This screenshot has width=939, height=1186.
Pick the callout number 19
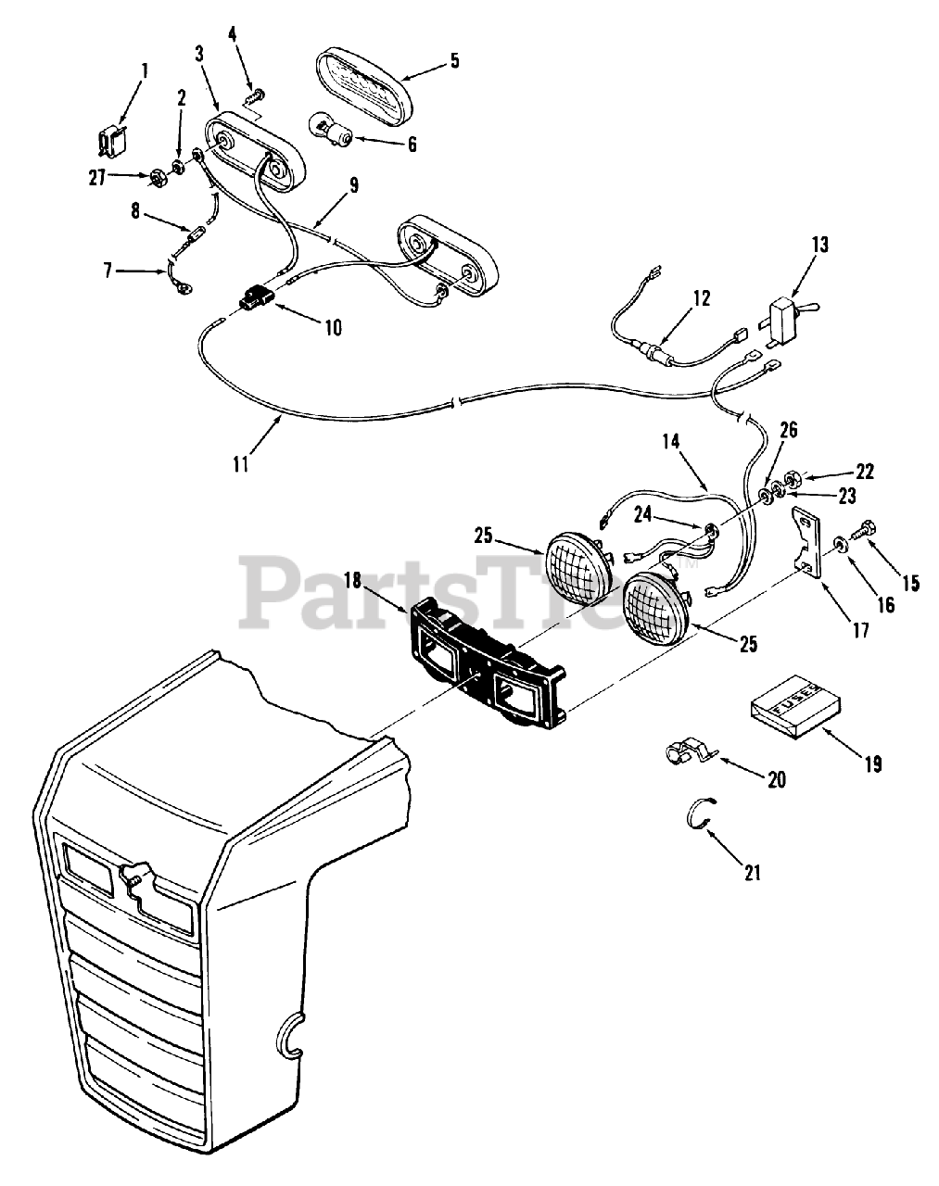871,763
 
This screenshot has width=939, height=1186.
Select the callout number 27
97,178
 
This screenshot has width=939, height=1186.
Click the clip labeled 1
110,139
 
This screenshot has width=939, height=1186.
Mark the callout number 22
864,471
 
